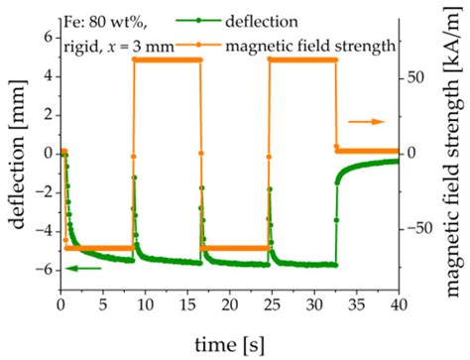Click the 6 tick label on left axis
[46, 36]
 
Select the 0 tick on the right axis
[409, 153]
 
